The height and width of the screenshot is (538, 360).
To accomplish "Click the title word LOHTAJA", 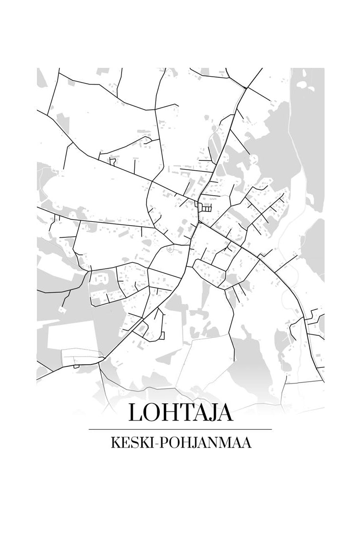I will point(180,412).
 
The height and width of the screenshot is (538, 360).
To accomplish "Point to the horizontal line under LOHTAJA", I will point(180,429).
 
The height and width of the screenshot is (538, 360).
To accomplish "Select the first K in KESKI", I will point(117,443).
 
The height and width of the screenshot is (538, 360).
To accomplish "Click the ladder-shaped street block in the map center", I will point(205,208).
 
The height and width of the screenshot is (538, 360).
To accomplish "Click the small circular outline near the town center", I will point(170,249).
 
